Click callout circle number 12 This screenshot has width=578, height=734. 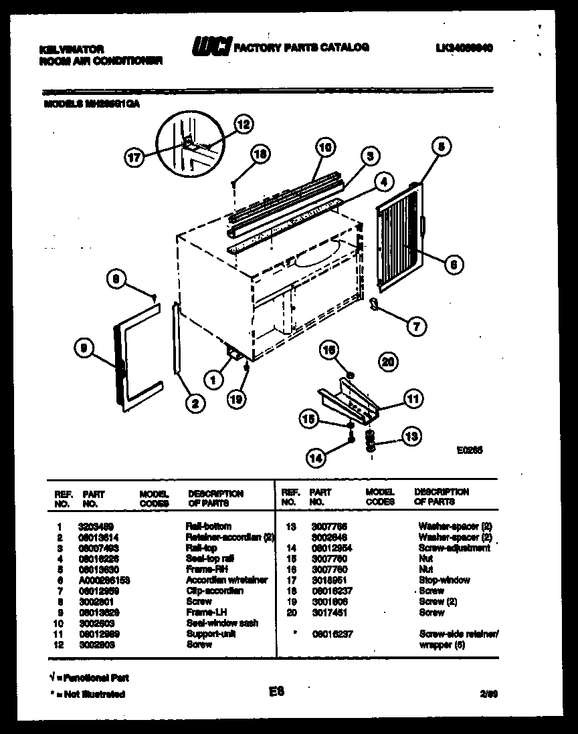[244, 124]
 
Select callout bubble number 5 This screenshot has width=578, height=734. [440, 145]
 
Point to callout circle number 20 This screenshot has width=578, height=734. [387, 361]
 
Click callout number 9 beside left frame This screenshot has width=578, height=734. [84, 347]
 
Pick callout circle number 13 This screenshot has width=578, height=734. [410, 437]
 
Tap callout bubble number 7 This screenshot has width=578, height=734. [415, 326]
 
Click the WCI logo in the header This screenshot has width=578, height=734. [211, 47]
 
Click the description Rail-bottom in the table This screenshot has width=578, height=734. [209, 527]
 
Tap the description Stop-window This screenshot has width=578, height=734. [444, 580]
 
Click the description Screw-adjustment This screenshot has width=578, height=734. [454, 548]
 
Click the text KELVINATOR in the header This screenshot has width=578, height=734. [72, 49]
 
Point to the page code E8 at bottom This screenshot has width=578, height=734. [276, 693]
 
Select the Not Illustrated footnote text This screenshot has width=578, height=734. [87, 695]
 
